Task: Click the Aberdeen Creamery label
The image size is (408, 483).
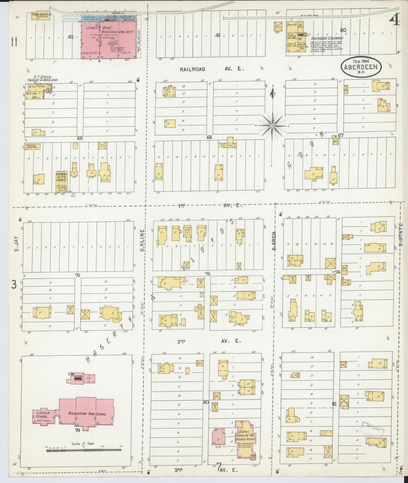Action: pyautogui.click(x=327, y=39)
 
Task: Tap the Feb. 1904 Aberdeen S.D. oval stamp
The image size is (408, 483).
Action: pyautogui.click(x=362, y=66)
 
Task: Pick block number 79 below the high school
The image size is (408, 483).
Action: pyautogui.click(x=77, y=430)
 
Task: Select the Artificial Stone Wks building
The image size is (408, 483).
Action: pyautogui.click(x=32, y=146)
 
